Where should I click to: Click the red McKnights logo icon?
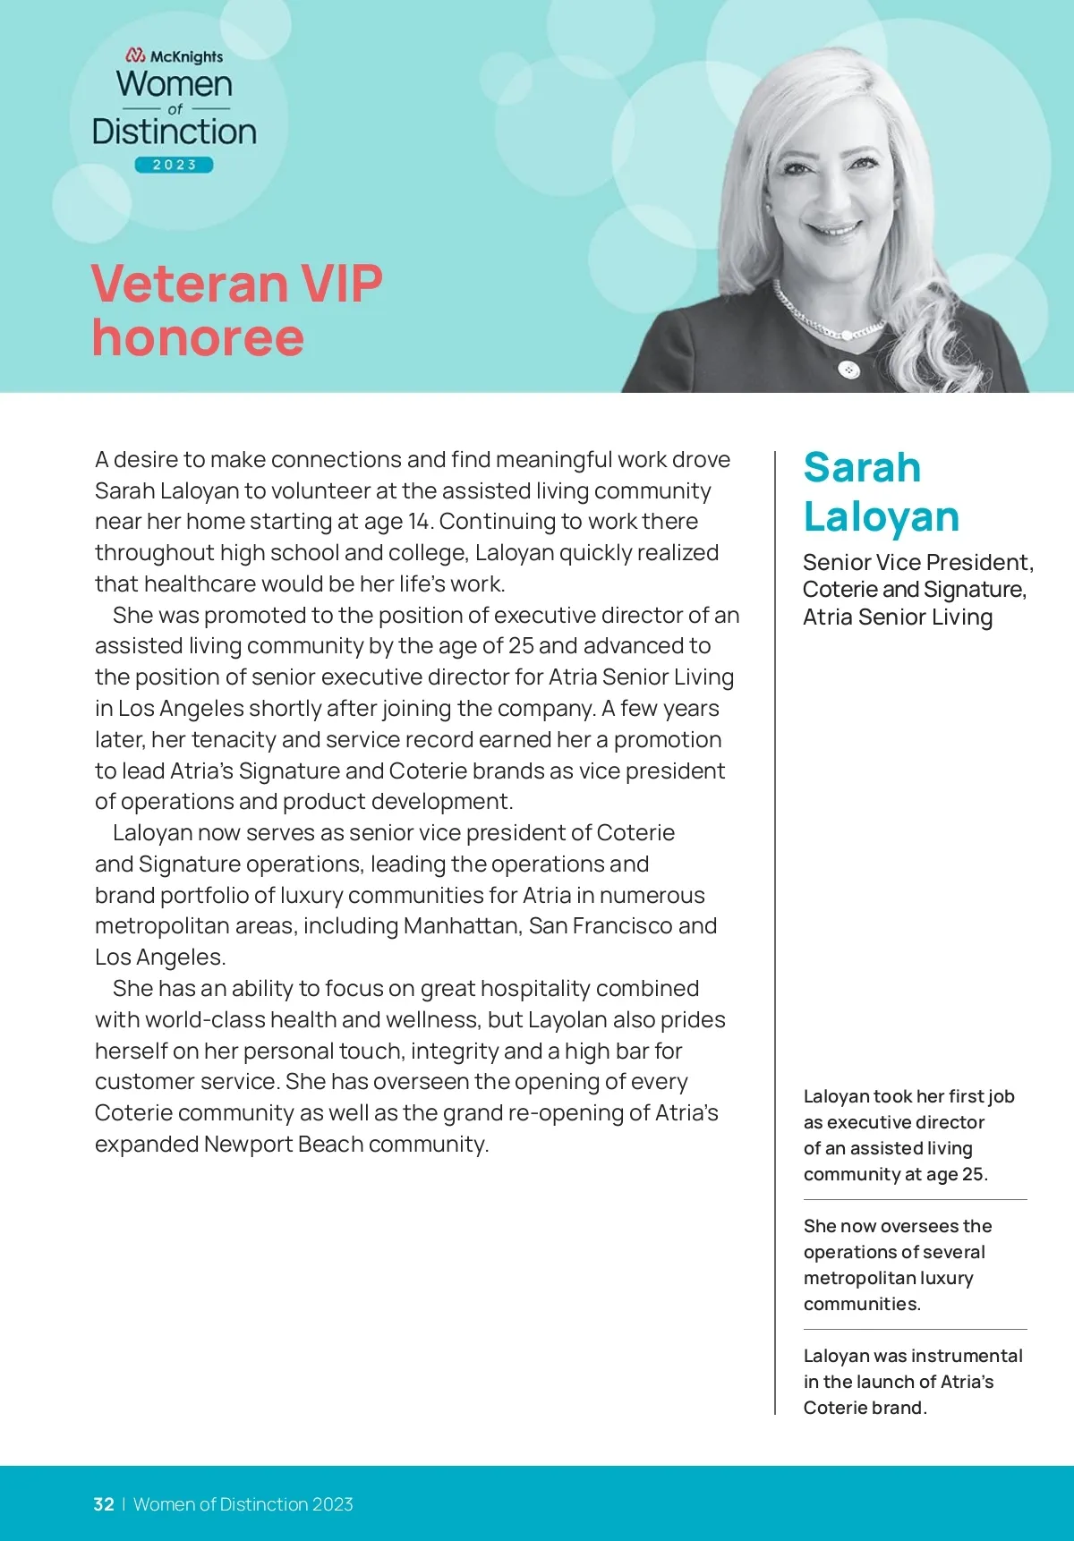[136, 55]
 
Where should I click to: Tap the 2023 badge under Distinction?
[175, 165]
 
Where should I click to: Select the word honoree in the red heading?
[198, 337]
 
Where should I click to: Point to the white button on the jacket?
[849, 369]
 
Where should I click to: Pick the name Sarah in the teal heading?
[862, 467]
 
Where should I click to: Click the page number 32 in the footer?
[104, 1504]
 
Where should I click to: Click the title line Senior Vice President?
[917, 562]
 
